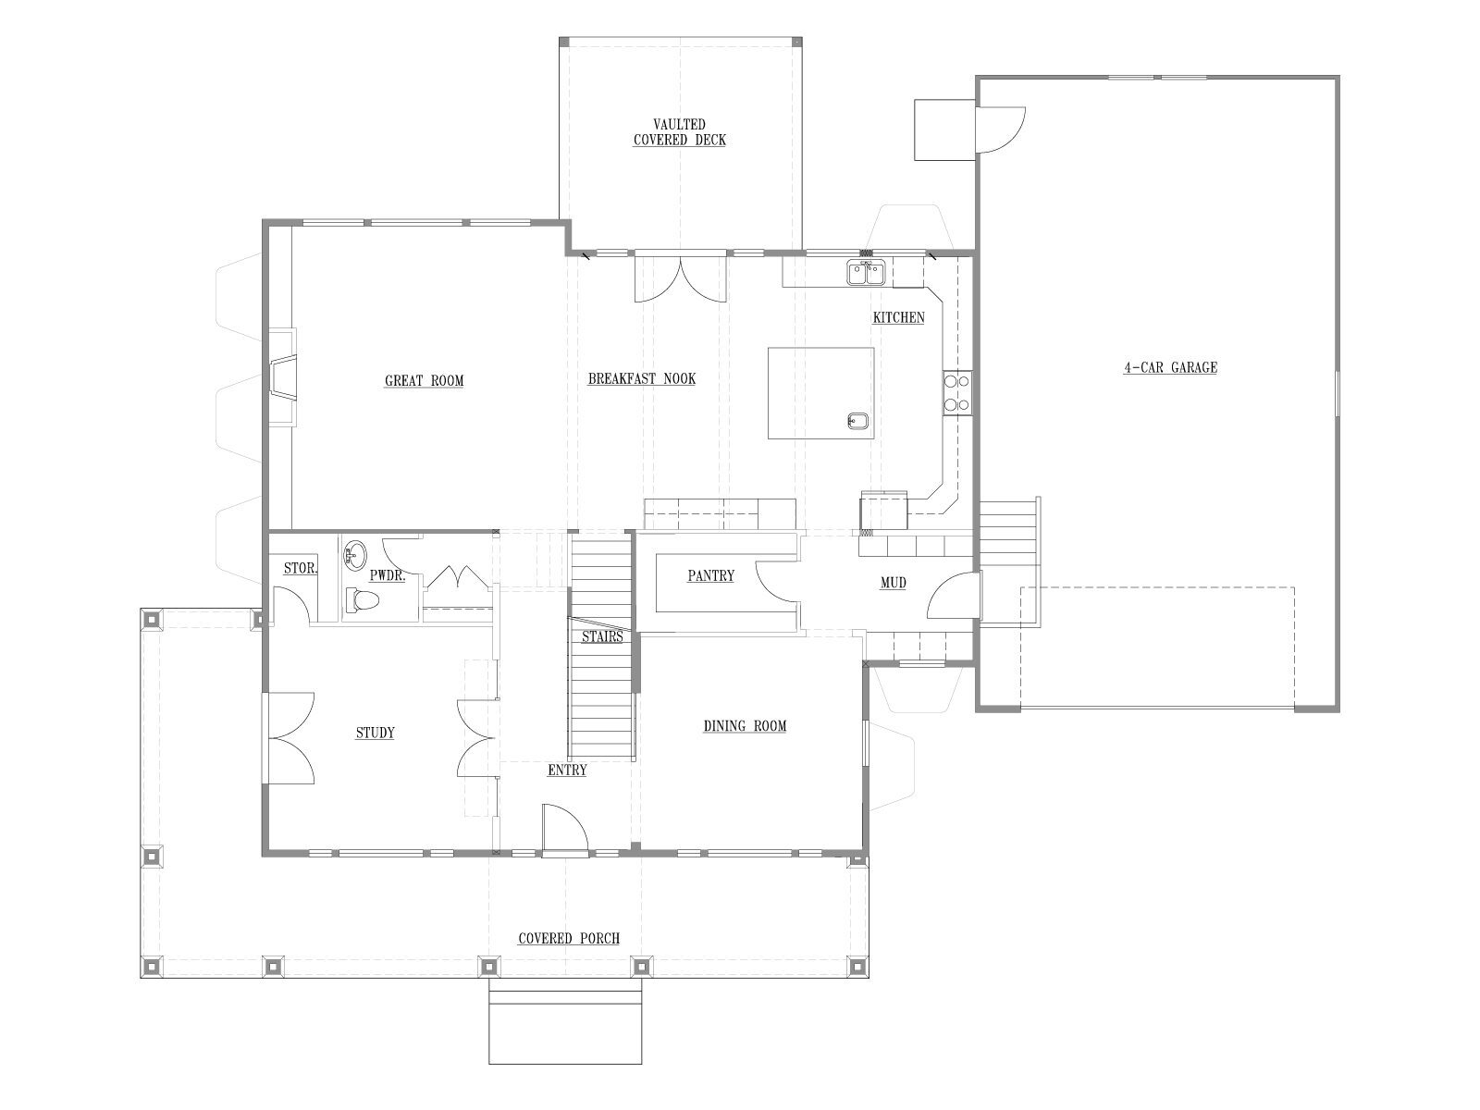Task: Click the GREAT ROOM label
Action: tap(424, 381)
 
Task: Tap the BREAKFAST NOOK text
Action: tap(642, 378)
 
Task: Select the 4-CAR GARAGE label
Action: tap(1170, 367)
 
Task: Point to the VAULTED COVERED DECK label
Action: tap(680, 132)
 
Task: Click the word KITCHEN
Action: tap(899, 317)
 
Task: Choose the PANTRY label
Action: tap(710, 575)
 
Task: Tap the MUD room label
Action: tap(894, 583)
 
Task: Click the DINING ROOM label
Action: tap(745, 726)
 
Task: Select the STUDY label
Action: tap(375, 733)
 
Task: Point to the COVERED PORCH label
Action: tap(569, 938)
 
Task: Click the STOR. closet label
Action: tap(300, 568)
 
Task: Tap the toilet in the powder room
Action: tap(362, 599)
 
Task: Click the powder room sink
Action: tap(355, 555)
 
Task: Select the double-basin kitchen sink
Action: tap(867, 273)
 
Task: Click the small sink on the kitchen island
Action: tap(857, 421)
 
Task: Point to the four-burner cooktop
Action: tap(957, 393)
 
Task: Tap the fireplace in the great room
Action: tap(283, 377)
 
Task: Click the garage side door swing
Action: tap(1001, 129)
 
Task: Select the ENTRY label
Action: tap(567, 770)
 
